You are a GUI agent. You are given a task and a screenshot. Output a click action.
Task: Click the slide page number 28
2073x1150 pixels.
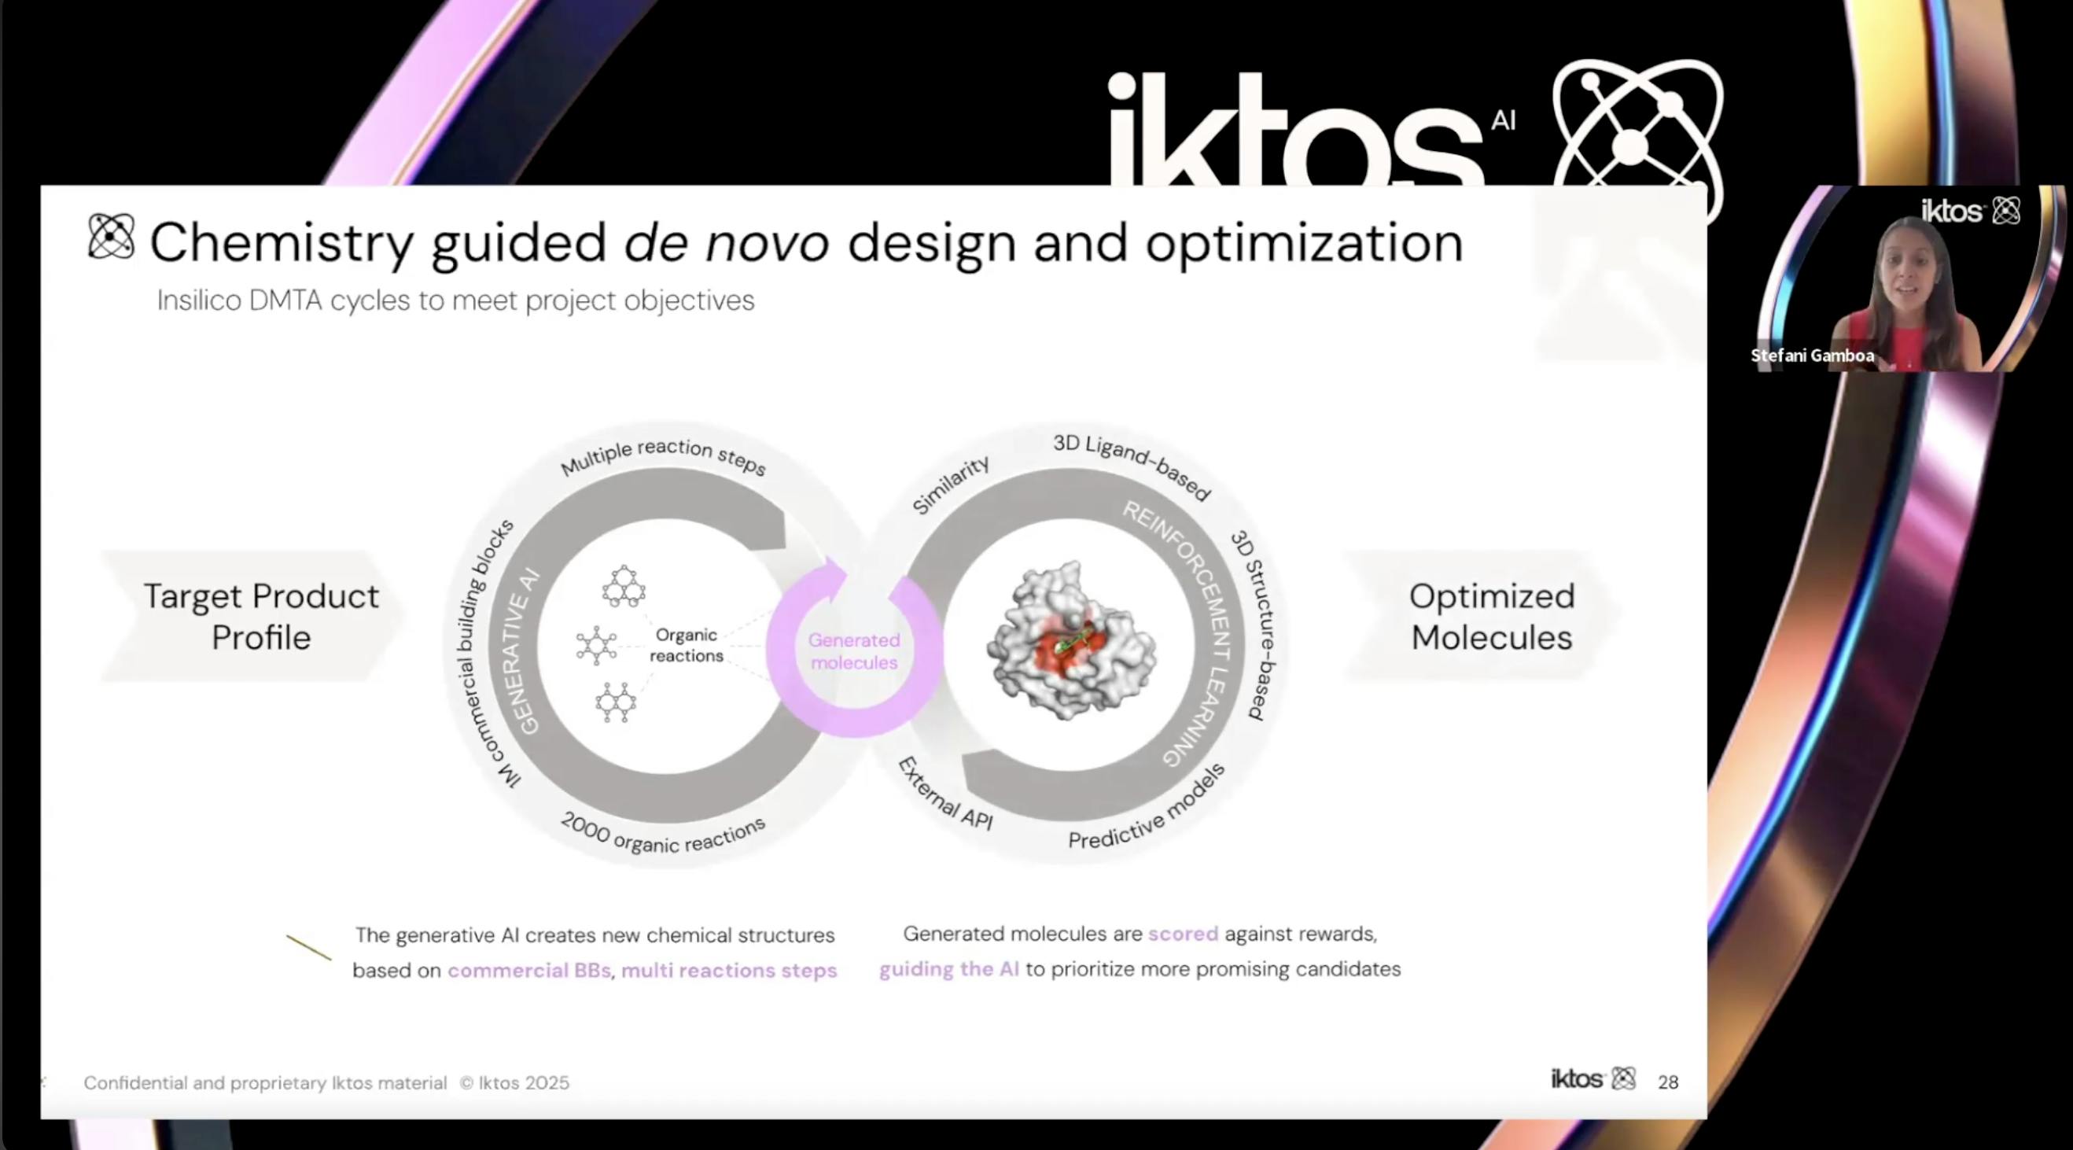1668,1082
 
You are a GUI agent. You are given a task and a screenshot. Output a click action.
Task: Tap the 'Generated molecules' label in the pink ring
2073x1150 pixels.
854,651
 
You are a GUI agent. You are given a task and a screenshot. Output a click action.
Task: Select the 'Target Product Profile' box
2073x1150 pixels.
253,617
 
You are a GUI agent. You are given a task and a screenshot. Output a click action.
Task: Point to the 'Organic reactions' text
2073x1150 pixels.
687,646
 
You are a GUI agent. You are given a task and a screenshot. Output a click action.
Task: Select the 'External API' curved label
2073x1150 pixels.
945,794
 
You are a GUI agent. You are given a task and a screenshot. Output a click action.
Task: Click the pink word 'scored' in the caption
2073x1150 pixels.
1183,934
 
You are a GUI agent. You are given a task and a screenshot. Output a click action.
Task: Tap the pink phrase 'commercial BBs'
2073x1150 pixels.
529,971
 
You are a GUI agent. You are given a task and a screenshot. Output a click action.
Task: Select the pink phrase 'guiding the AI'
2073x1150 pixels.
948,969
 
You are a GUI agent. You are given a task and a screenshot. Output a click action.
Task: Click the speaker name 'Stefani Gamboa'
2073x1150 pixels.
1812,356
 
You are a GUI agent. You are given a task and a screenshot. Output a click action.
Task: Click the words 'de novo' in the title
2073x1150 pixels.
727,242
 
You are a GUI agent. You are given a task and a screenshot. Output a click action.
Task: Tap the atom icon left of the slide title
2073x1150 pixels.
111,237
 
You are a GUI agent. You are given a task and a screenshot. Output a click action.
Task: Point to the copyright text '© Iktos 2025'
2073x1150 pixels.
514,1083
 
